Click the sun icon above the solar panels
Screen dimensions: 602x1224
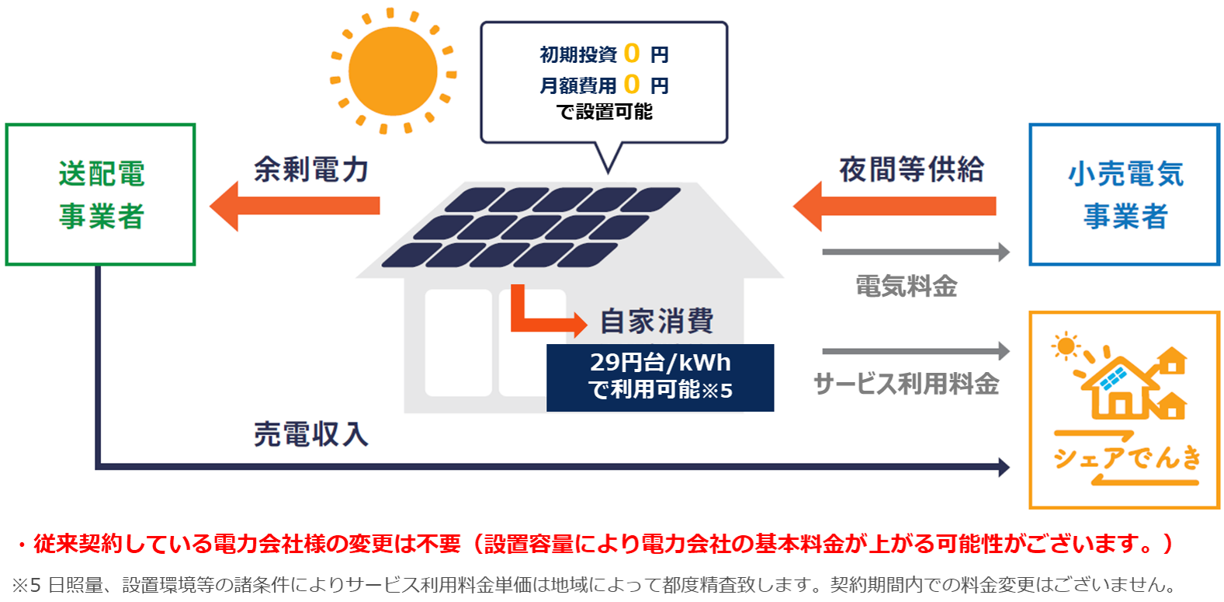tap(393, 71)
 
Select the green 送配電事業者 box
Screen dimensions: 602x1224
tap(100, 194)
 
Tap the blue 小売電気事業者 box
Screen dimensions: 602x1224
tap(1124, 194)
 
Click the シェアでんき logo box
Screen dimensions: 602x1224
tap(1124, 410)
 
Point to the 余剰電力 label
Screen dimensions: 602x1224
tap(310, 169)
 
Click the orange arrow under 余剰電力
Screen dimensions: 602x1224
tap(295, 206)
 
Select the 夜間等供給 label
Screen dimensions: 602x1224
tap(911, 169)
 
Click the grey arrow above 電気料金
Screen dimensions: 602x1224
tap(916, 252)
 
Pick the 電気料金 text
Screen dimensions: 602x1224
tap(906, 287)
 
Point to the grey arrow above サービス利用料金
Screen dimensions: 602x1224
tap(916, 351)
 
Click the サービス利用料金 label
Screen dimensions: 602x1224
tap(906, 384)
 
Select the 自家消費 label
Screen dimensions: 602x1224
tap(657, 321)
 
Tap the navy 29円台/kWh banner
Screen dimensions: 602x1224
tap(660, 377)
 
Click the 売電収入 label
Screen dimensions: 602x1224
tap(310, 434)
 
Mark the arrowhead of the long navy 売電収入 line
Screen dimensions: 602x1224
tap(1004, 467)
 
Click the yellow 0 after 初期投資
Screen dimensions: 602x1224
tap(632, 54)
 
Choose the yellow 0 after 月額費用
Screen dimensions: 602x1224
tap(632, 84)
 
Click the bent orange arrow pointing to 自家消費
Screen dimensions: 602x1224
tap(543, 318)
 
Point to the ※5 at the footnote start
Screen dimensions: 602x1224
tap(26, 584)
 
